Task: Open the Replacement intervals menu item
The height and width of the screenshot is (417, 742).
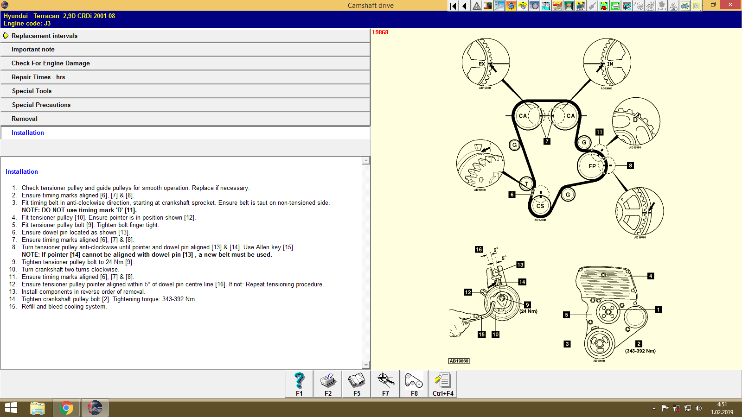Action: click(45, 36)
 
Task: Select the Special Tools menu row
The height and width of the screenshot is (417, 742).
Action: click(32, 91)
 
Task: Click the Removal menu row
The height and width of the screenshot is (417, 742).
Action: click(25, 119)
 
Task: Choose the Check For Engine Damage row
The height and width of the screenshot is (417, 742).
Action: click(51, 63)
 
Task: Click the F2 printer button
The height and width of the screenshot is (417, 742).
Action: click(328, 384)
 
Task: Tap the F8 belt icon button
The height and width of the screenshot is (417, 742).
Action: click(414, 384)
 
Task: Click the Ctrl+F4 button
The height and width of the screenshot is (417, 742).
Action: click(443, 384)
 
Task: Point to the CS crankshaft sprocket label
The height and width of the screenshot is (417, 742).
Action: click(540, 206)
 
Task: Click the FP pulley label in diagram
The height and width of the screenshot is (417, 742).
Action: click(592, 166)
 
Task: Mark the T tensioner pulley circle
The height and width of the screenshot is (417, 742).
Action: click(527, 184)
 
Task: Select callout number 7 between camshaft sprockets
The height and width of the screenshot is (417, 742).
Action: click(547, 141)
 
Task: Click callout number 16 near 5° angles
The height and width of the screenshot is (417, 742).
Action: click(479, 249)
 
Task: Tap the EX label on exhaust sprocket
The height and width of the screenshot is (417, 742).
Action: click(482, 64)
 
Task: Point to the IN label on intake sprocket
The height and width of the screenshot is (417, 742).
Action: click(610, 64)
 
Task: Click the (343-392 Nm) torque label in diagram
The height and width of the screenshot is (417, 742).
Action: click(640, 351)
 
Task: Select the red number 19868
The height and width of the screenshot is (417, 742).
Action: click(380, 32)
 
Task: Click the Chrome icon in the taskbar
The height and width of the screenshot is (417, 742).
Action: click(66, 408)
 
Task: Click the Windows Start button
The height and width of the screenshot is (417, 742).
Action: click(11, 408)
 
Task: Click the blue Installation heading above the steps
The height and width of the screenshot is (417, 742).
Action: click(22, 171)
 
